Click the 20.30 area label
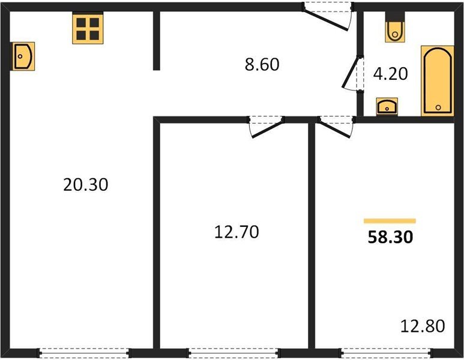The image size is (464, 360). click(85, 185)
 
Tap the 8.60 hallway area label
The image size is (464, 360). click(262, 64)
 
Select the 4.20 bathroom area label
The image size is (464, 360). click(390, 74)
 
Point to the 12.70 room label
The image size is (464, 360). click(237, 232)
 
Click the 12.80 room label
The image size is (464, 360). click(423, 327)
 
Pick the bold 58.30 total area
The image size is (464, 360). click(390, 237)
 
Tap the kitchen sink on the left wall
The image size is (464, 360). click(22, 56)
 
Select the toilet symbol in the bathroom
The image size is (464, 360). click(395, 28)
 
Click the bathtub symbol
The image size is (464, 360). click(437, 80)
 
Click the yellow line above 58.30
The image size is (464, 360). click(390, 221)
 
